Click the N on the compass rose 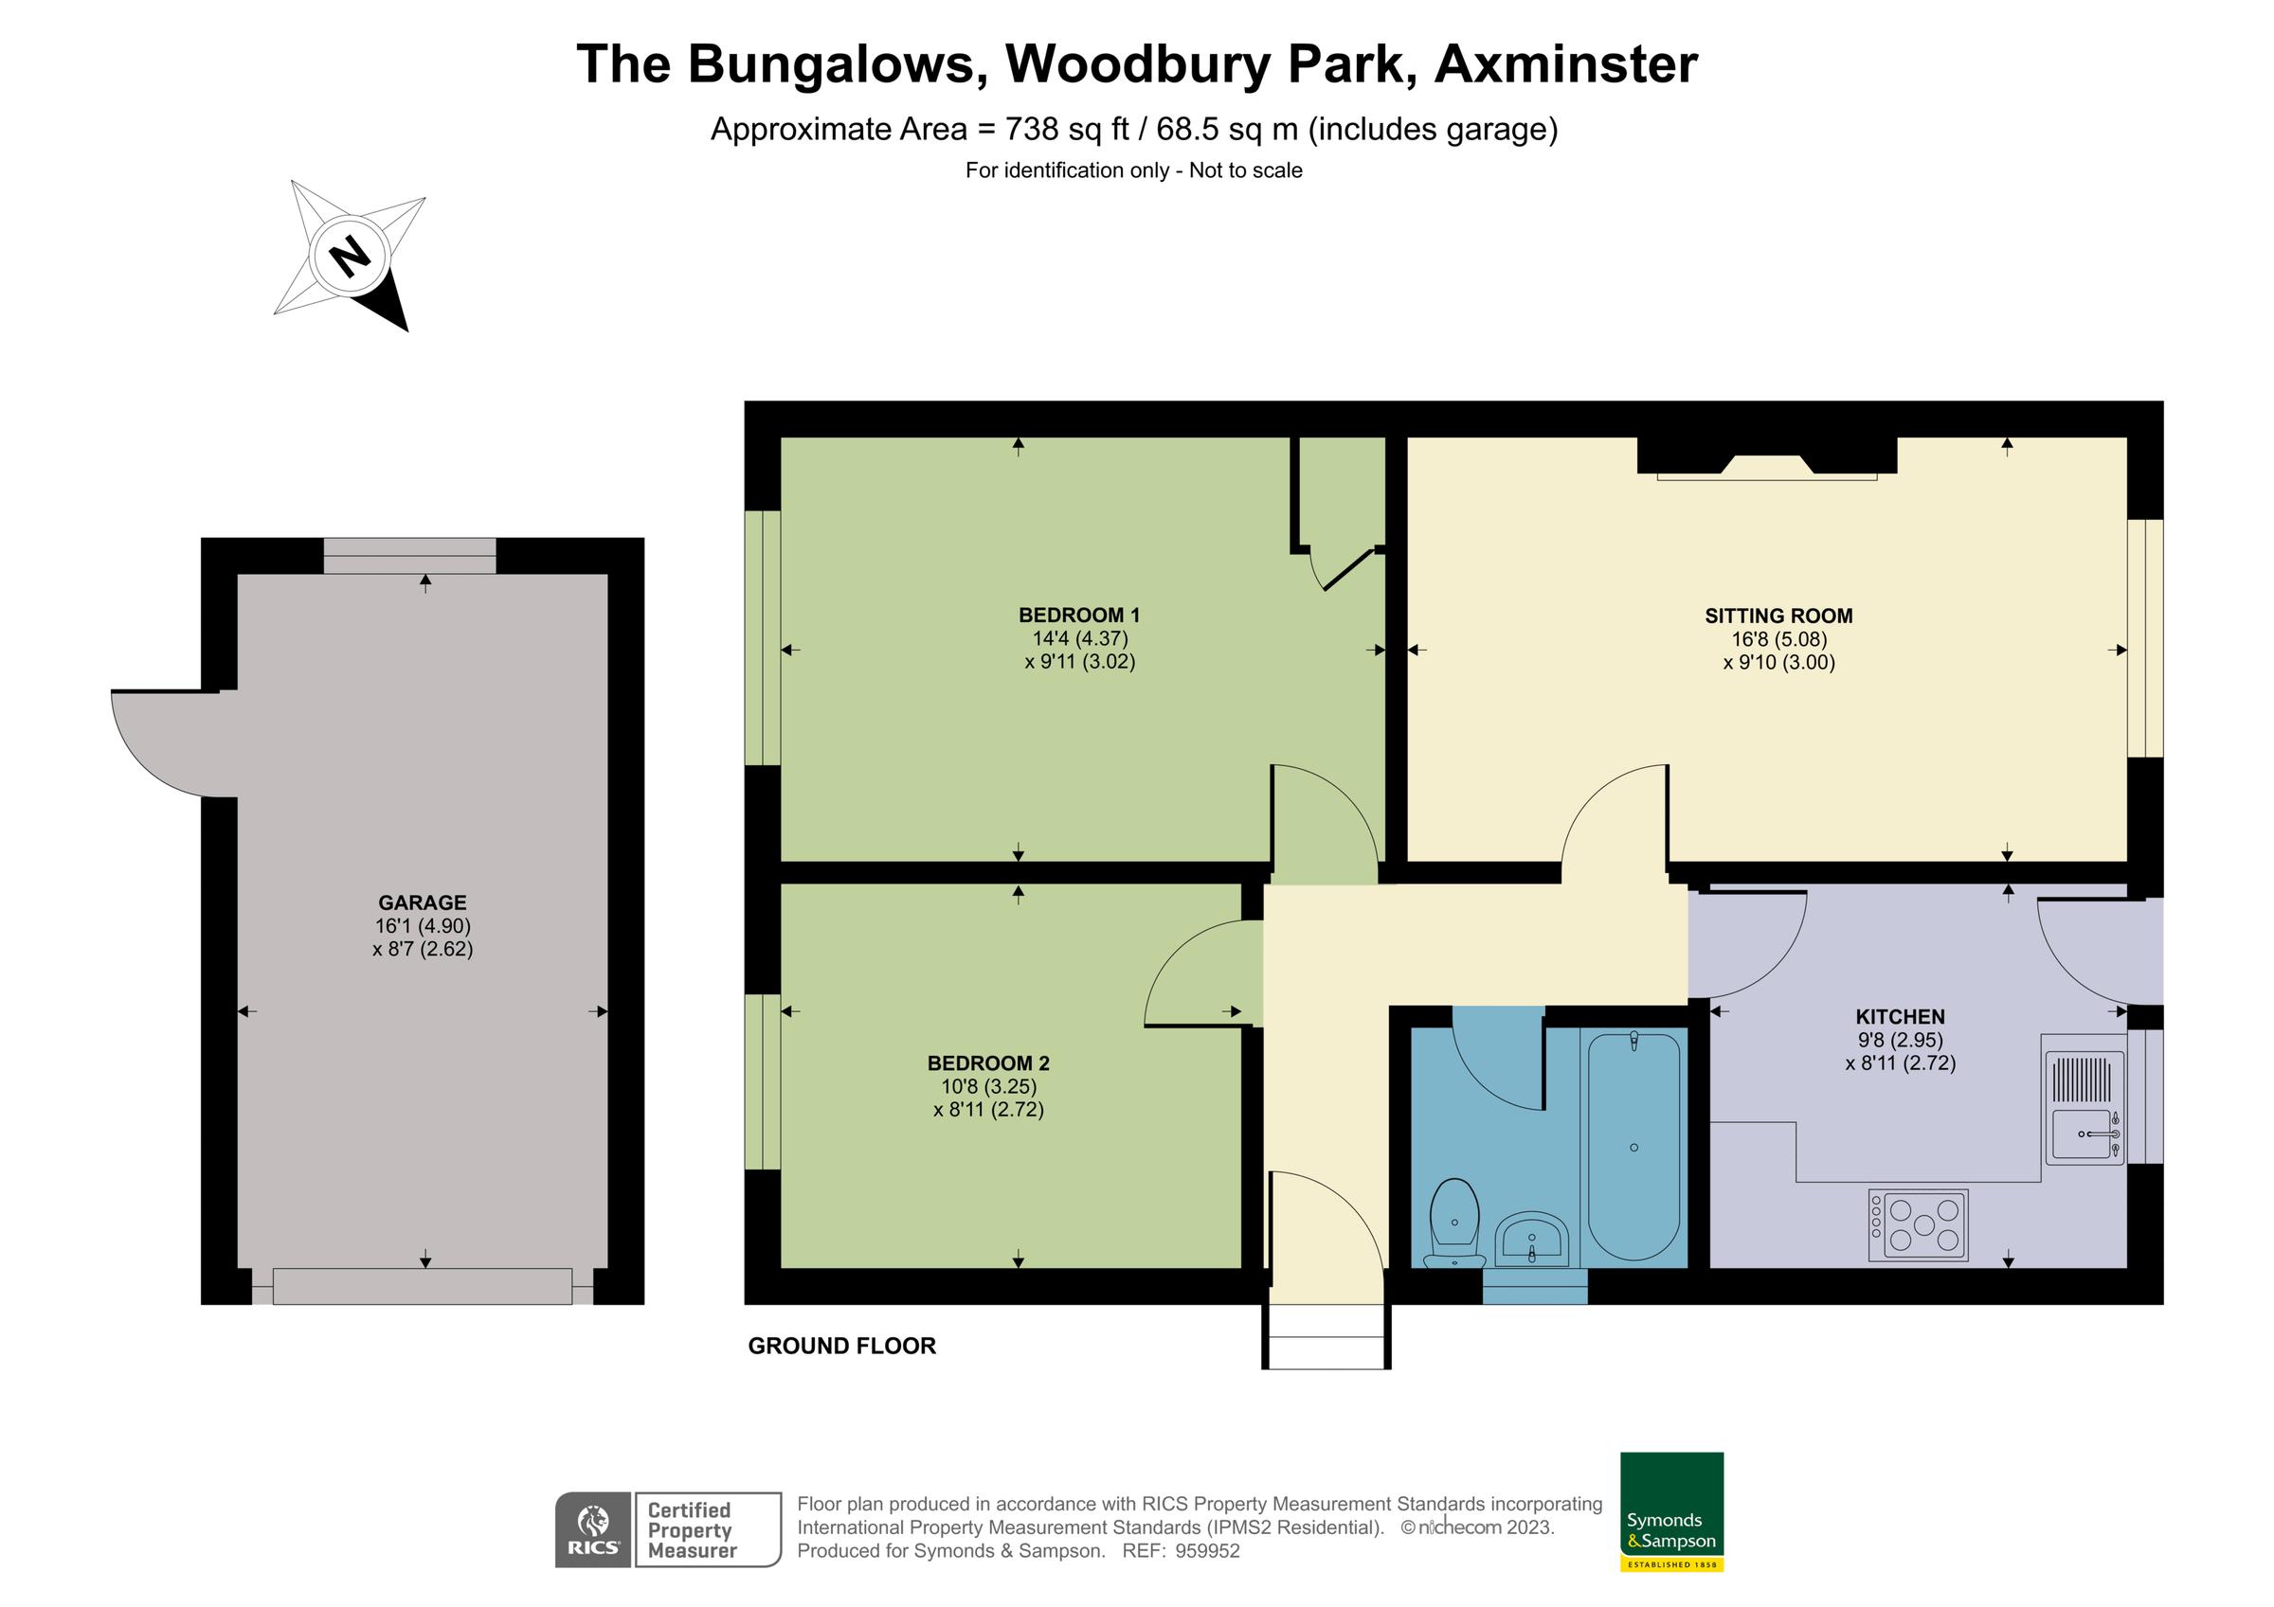click(350, 257)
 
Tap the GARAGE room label click(422, 903)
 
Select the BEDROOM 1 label click(1078, 615)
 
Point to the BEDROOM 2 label click(987, 1063)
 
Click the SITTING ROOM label click(1778, 616)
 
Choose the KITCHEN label click(1899, 1017)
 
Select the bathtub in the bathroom click(1633, 1146)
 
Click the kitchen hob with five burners click(1918, 1224)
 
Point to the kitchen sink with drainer click(2084, 1107)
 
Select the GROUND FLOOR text click(840, 1346)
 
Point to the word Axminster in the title click(1565, 64)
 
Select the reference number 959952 click(1206, 1551)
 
